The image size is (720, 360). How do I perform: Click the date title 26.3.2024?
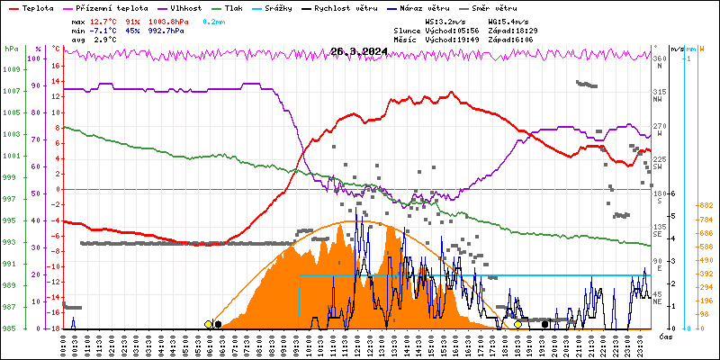click(x=358, y=51)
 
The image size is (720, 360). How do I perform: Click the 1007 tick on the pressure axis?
click(x=11, y=92)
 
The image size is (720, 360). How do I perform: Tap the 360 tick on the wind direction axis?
click(x=660, y=59)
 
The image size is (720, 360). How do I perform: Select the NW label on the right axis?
click(x=660, y=100)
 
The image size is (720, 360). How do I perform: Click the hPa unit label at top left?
click(x=11, y=49)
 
